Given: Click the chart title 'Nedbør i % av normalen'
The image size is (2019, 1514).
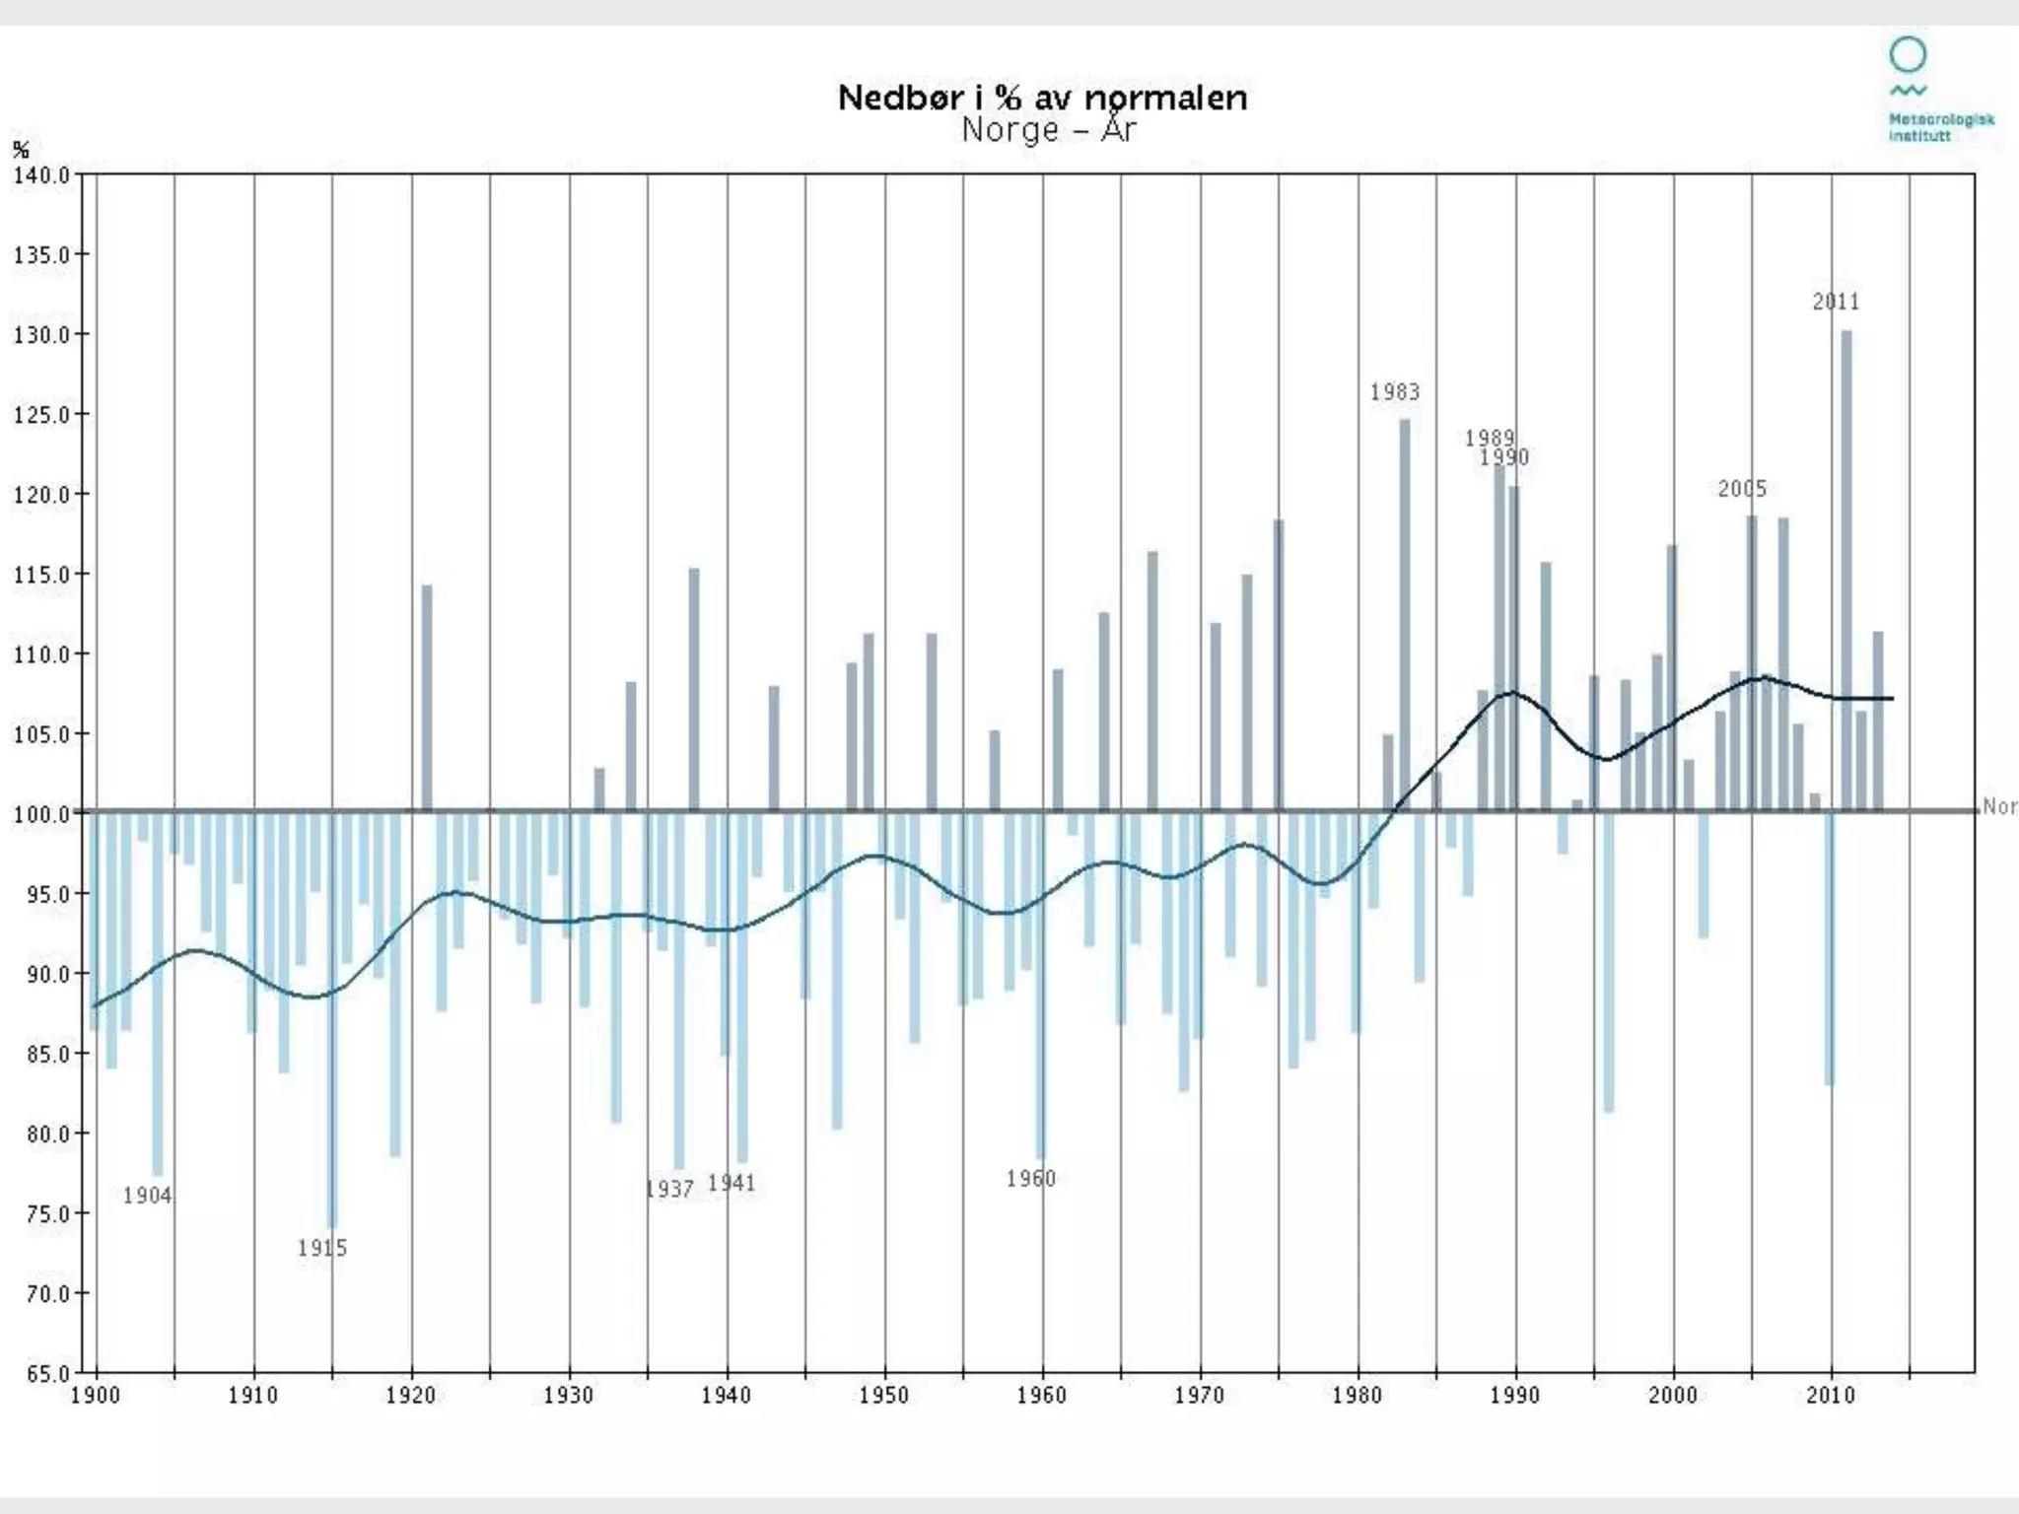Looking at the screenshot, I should pyautogui.click(x=1042, y=98).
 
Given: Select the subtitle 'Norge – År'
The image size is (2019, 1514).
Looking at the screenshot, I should pyautogui.click(x=1049, y=130).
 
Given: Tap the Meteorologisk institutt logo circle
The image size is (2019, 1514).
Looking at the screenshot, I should pyautogui.click(x=1908, y=55).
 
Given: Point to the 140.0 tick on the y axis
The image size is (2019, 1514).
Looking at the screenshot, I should pyautogui.click(x=41, y=175).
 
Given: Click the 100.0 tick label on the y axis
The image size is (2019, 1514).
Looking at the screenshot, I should pyautogui.click(x=41, y=814).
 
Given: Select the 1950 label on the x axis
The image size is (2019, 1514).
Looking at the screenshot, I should pyautogui.click(x=883, y=1396).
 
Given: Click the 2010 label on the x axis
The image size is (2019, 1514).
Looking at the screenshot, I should pyautogui.click(x=1831, y=1396).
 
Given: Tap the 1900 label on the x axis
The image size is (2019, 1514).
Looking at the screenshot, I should pyautogui.click(x=95, y=1396).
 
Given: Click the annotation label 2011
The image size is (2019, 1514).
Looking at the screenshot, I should pyautogui.click(x=1836, y=302).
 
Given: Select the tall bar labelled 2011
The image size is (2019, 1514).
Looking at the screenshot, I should pyautogui.click(x=1846, y=572).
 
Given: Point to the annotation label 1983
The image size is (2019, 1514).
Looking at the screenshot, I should pyautogui.click(x=1395, y=392).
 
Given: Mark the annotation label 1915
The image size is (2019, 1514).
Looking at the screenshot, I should pyautogui.click(x=322, y=1248).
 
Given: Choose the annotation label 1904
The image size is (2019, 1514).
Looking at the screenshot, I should pyautogui.click(x=147, y=1196).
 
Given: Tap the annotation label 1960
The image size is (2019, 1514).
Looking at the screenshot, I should pyautogui.click(x=1030, y=1179).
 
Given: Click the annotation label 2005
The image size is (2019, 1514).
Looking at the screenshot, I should pyautogui.click(x=1742, y=489).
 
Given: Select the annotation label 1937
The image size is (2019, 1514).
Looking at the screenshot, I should pyautogui.click(x=670, y=1189).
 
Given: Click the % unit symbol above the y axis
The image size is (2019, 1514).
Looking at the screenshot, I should pyautogui.click(x=21, y=150).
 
